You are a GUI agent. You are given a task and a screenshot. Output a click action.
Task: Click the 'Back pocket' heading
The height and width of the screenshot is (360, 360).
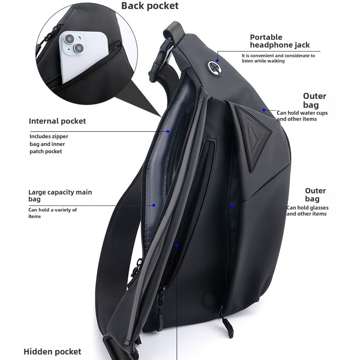tap(150, 6)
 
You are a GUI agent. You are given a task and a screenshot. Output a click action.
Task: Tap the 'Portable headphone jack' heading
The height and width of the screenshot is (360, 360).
tap(280, 41)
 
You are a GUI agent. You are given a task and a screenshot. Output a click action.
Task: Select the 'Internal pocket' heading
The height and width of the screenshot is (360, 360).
tap(57, 121)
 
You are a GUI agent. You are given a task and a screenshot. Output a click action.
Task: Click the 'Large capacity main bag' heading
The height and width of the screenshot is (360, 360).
tap(60, 195)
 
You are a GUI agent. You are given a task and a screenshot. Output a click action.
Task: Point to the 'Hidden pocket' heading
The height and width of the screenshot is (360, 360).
tap(52, 351)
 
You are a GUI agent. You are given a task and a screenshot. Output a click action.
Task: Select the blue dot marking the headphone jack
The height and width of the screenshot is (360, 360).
tap(217, 60)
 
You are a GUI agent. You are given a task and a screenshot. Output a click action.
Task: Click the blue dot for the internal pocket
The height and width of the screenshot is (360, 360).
tap(168, 132)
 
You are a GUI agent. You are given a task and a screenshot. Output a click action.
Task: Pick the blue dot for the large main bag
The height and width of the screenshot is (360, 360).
tap(153, 205)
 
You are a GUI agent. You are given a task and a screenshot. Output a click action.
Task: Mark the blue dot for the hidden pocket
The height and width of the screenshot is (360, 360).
tap(177, 245)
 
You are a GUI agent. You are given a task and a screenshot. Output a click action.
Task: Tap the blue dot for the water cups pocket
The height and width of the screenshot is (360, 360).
tap(264, 110)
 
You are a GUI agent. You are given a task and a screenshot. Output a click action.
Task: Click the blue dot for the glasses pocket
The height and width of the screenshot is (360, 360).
tap(233, 206)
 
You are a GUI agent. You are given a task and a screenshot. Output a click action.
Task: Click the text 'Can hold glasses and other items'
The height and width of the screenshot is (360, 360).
tap(307, 211)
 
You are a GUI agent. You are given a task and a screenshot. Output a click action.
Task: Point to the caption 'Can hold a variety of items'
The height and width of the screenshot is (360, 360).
tap(52, 213)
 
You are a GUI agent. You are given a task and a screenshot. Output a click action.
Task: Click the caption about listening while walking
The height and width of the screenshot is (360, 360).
tap(278, 58)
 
